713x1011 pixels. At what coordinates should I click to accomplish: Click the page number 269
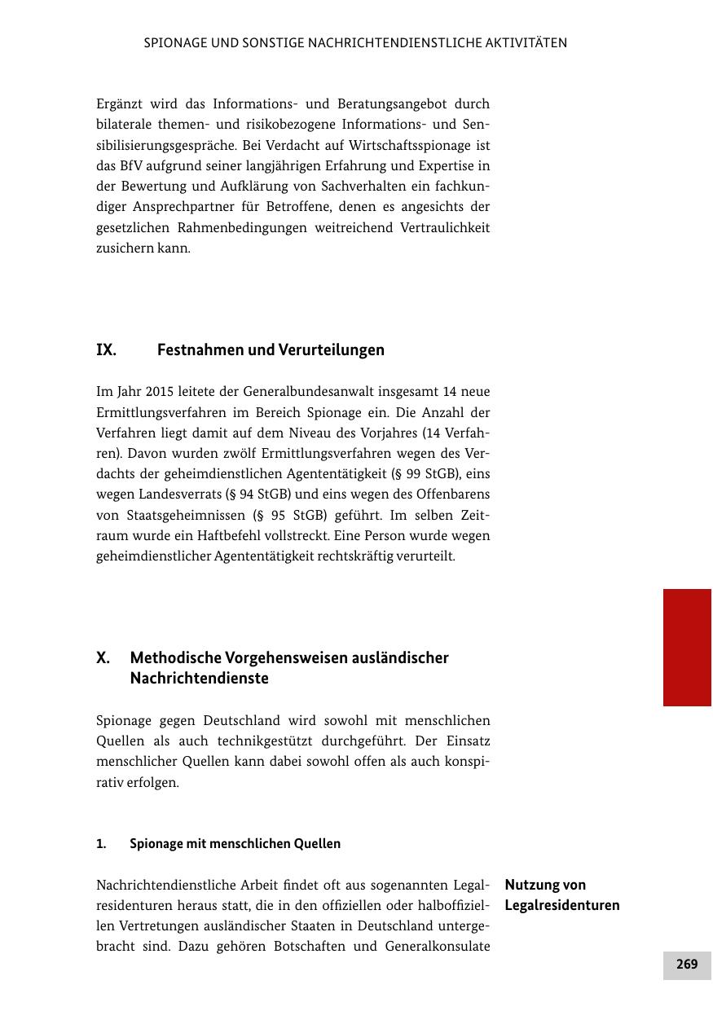pos(687,964)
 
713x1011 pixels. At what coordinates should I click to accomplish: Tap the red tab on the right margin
pos(687,647)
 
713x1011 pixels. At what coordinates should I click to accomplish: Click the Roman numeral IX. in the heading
pos(106,350)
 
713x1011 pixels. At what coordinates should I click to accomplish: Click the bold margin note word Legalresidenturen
pos(562,905)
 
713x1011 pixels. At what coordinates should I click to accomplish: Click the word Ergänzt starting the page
pos(121,104)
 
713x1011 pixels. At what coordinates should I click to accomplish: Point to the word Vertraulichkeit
pos(445,227)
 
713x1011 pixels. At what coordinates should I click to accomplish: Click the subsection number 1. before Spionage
pos(101,844)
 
